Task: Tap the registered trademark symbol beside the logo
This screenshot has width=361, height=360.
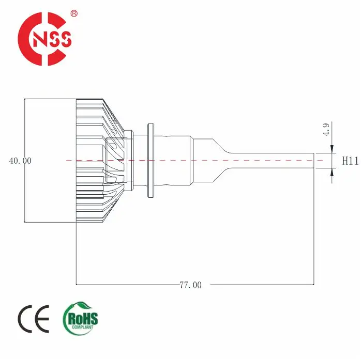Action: [x=74, y=15]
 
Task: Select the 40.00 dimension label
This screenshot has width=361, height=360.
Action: [x=20, y=161]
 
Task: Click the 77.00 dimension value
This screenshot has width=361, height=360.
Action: [x=190, y=285]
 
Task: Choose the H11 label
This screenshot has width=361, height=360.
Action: [x=350, y=161]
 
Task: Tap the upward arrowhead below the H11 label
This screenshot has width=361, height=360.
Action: [x=332, y=173]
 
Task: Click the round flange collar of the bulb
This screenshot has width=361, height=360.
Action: [x=151, y=161]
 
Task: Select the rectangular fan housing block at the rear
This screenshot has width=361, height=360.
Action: [x=50, y=161]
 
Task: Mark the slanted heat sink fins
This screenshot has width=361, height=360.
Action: [x=98, y=119]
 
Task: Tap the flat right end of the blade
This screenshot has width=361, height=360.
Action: [x=314, y=161]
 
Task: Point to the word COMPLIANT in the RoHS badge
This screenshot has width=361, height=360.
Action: [x=82, y=326]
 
